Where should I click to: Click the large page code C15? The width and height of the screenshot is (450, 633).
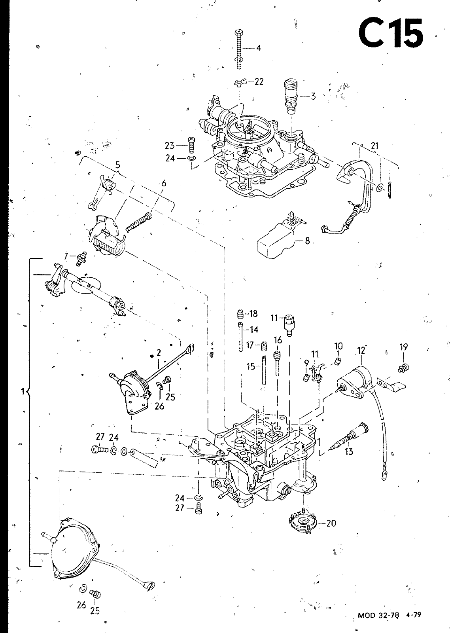[391, 33]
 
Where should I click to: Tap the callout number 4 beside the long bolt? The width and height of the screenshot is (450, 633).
[259, 48]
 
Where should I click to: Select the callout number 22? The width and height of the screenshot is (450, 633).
[259, 81]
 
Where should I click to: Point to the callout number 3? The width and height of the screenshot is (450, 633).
[313, 96]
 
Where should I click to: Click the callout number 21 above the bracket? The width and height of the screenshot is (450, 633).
[374, 146]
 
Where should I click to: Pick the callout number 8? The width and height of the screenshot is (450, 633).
[307, 241]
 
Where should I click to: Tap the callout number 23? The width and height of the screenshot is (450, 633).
[170, 146]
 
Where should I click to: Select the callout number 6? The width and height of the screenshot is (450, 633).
[164, 184]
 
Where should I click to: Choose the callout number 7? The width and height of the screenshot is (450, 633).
[66, 256]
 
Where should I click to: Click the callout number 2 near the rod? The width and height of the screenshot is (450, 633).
[159, 353]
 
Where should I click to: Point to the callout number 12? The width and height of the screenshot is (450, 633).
[361, 351]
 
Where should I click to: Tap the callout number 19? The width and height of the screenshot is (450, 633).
[404, 347]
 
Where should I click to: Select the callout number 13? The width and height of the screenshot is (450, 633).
[349, 451]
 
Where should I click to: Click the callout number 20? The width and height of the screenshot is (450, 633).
[331, 523]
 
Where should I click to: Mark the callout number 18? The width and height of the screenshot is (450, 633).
[253, 314]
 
